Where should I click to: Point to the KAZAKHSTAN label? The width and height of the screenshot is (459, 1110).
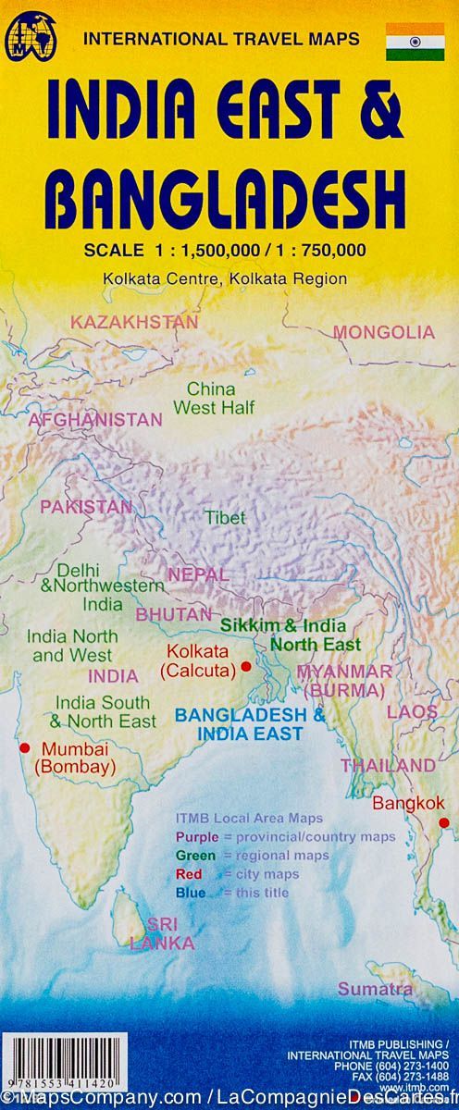(134, 322)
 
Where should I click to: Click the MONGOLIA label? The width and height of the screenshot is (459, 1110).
(383, 332)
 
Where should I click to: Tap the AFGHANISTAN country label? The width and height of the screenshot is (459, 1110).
(95, 419)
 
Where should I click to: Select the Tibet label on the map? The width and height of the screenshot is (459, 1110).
(225, 518)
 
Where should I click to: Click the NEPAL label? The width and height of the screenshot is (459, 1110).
(197, 574)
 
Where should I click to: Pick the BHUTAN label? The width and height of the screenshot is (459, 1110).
(173, 613)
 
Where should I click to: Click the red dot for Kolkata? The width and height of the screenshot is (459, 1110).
(246, 666)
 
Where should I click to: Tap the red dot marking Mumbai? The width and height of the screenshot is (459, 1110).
(24, 748)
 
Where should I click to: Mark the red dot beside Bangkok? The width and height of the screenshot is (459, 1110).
(443, 822)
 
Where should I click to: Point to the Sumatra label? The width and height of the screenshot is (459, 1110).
(375, 989)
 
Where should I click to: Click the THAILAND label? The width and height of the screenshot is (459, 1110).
(387, 765)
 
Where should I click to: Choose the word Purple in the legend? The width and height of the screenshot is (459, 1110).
(196, 837)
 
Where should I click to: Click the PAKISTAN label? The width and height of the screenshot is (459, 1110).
(85, 507)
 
